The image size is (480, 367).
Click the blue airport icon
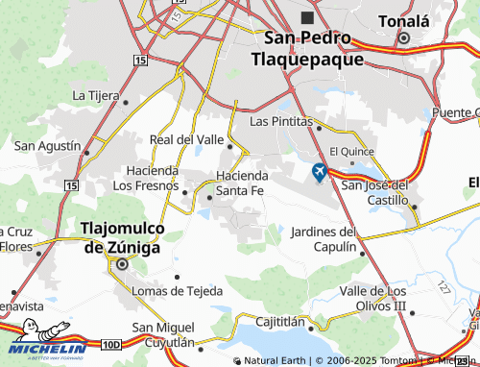click(x=320, y=173)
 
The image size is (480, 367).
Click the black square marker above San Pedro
click(x=308, y=17)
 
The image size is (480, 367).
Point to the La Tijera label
click(x=95, y=95)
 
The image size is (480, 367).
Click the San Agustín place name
click(x=46, y=145)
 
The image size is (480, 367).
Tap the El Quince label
click(x=347, y=151)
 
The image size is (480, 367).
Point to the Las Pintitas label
click(x=281, y=122)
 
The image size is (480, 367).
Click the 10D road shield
click(x=111, y=343)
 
